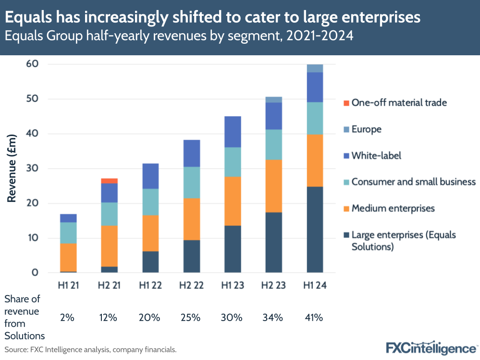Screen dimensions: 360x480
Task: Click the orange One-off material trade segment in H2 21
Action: coord(109,181)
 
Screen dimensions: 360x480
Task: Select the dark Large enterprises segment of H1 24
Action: coord(315,229)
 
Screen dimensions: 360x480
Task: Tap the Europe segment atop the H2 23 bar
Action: coord(274,99)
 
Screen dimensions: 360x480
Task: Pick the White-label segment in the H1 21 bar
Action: coord(68,218)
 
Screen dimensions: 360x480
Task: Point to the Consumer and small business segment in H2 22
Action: coord(192,183)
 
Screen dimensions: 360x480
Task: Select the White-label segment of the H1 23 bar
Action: coord(233,132)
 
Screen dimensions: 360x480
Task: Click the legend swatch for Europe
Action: coord(345,129)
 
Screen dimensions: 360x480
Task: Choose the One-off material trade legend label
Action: coord(399,102)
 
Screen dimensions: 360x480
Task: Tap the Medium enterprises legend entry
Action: coord(393,208)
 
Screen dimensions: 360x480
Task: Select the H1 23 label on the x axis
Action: coord(233,285)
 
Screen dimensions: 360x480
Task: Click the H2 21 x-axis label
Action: coord(109,285)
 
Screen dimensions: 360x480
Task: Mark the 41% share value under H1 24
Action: coord(315,317)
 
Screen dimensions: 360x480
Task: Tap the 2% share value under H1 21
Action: coord(67,317)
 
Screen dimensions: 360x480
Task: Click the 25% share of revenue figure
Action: coord(191,317)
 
